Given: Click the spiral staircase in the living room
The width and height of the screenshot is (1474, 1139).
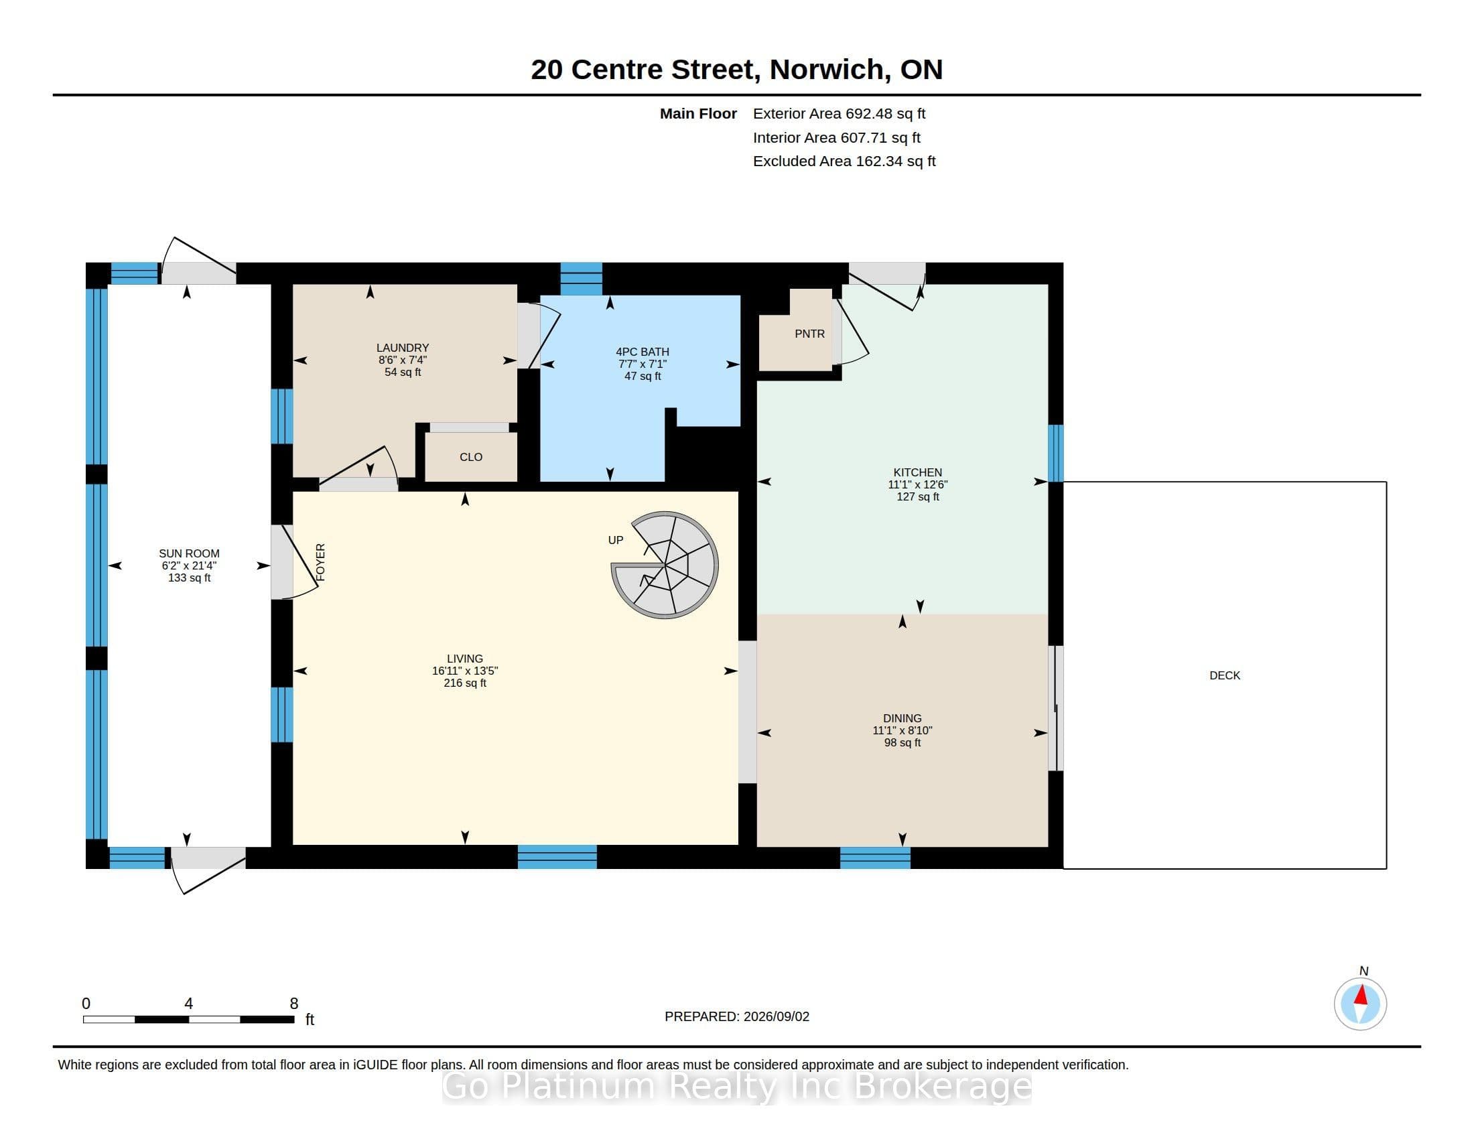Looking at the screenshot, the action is coord(665,565).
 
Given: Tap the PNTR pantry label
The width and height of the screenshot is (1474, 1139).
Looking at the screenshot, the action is coord(809,334).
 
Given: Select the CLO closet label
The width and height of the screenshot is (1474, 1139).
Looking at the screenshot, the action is coord(471,458).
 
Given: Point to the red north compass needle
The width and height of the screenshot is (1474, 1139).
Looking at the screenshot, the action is coord(1361,995).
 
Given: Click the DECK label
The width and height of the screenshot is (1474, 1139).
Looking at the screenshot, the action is coord(1225,675).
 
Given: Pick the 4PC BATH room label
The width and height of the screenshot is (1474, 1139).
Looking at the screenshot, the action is coord(643,352).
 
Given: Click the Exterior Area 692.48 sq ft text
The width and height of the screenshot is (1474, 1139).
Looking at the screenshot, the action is coord(839,114).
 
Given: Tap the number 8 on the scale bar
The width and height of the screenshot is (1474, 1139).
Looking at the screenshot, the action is coord(294,1004).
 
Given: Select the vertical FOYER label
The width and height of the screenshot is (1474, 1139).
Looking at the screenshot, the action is coord(320,562).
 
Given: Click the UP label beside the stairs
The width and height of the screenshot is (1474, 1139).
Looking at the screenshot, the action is coord(616,540).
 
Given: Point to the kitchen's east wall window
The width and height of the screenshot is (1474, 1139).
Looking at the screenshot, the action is coord(1055,453).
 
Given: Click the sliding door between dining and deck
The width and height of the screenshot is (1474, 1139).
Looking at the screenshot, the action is coord(1055,708).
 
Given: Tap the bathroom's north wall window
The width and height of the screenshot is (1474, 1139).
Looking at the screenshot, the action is coord(581,279).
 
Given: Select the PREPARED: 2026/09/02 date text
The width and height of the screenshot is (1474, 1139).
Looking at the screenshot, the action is coord(737,1016).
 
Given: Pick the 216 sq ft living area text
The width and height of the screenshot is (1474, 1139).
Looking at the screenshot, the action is coord(465,683).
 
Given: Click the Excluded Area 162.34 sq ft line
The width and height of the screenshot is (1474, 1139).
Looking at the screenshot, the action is coord(844,161).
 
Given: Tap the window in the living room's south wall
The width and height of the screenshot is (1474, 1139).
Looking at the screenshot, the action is coord(557,857).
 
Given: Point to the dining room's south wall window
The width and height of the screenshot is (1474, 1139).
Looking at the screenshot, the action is coord(876,858).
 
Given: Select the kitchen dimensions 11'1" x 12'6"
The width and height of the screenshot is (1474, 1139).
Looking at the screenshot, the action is coord(918,484).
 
